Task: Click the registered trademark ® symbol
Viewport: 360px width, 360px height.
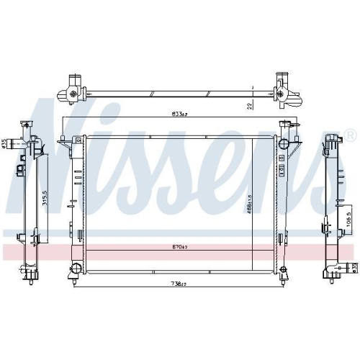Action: (x=349, y=135)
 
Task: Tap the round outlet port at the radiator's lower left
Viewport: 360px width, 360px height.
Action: (x=74, y=270)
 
